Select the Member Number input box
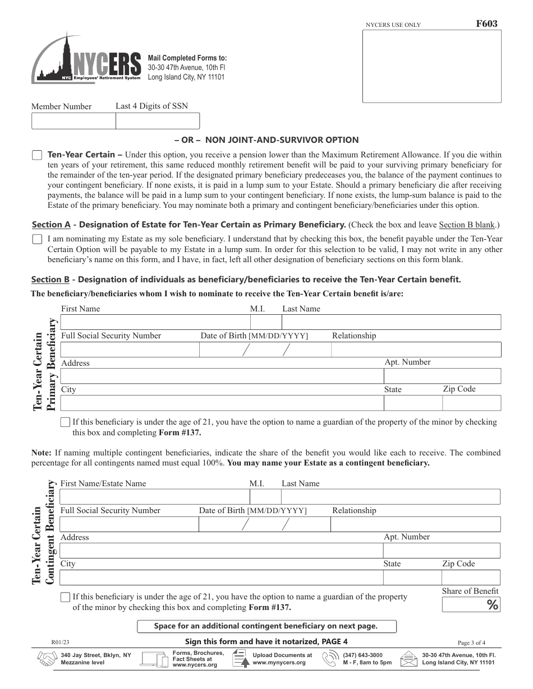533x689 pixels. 73,121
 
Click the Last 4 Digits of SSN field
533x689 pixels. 158,121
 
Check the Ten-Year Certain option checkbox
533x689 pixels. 37,155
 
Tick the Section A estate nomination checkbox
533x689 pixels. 37,239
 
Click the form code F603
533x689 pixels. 486,24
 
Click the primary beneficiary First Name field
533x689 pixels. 155,322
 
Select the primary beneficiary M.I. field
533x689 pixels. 265,322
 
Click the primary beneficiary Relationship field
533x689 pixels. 416,350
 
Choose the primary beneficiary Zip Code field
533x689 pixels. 471,403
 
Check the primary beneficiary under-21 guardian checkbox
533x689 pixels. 65,422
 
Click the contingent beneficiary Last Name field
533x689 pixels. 390,497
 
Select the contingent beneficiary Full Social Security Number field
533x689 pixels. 128,524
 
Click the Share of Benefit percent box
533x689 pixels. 470,604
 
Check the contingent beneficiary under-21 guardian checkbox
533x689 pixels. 65,597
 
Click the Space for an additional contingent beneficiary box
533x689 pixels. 266,626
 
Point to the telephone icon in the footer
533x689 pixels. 330,659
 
